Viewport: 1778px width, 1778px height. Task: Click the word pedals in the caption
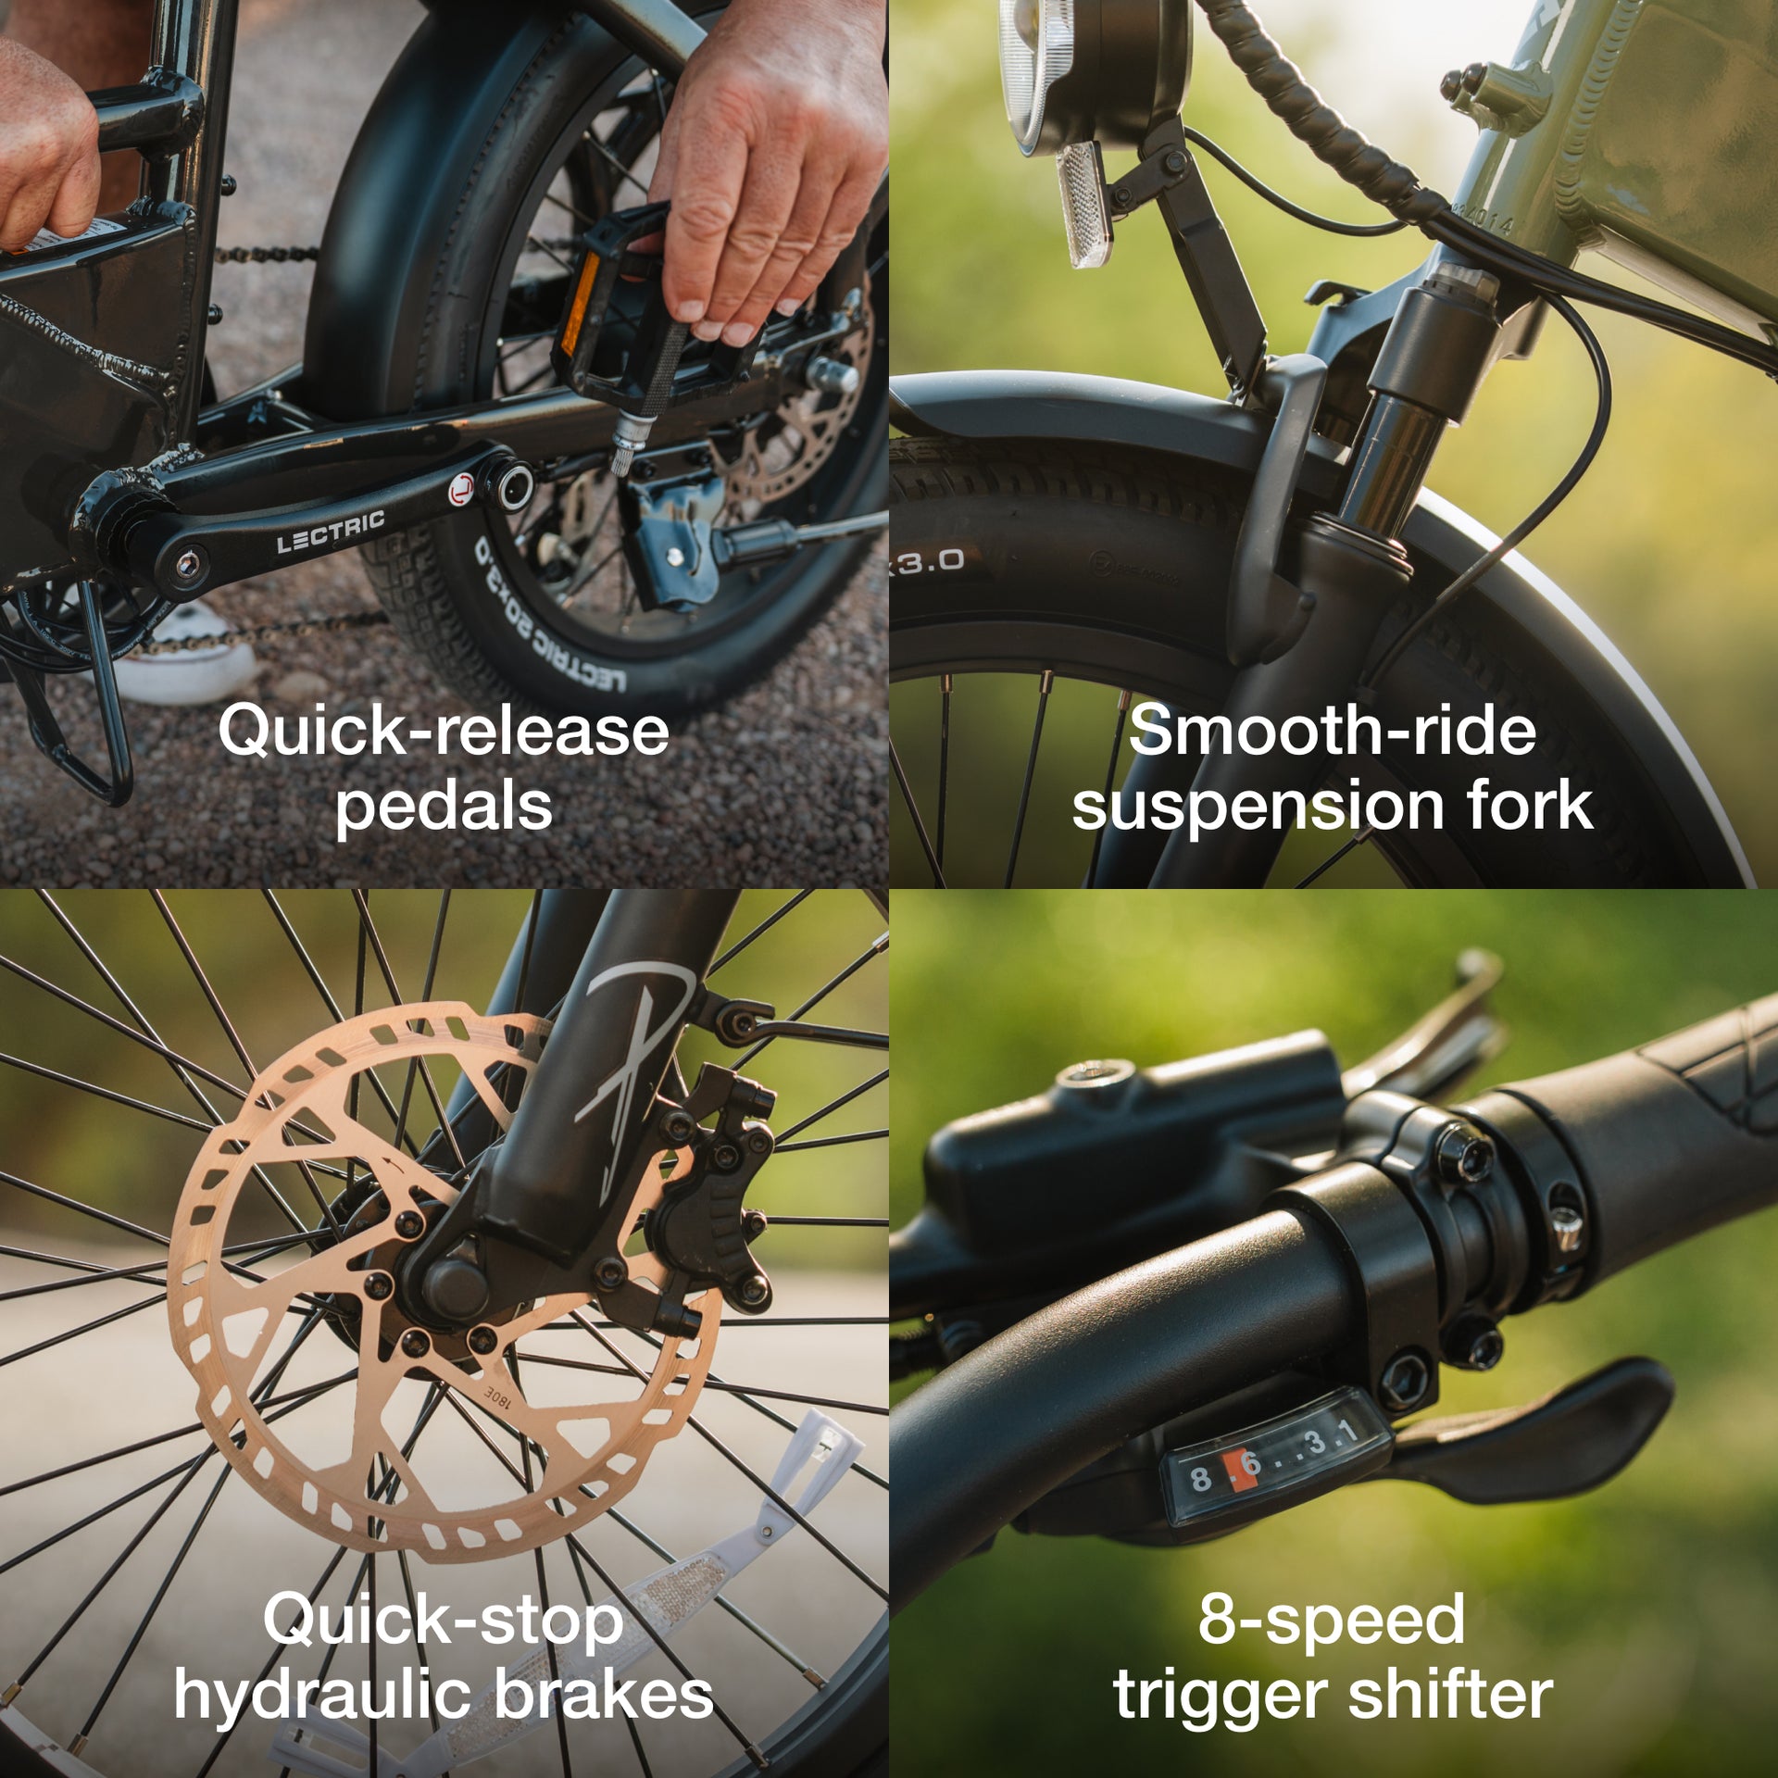(444, 806)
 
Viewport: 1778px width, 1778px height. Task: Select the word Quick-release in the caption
(444, 731)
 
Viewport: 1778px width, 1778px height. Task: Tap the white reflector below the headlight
(1083, 204)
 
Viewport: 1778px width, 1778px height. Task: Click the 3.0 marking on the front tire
(929, 560)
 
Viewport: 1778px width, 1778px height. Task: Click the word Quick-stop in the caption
(444, 1621)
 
